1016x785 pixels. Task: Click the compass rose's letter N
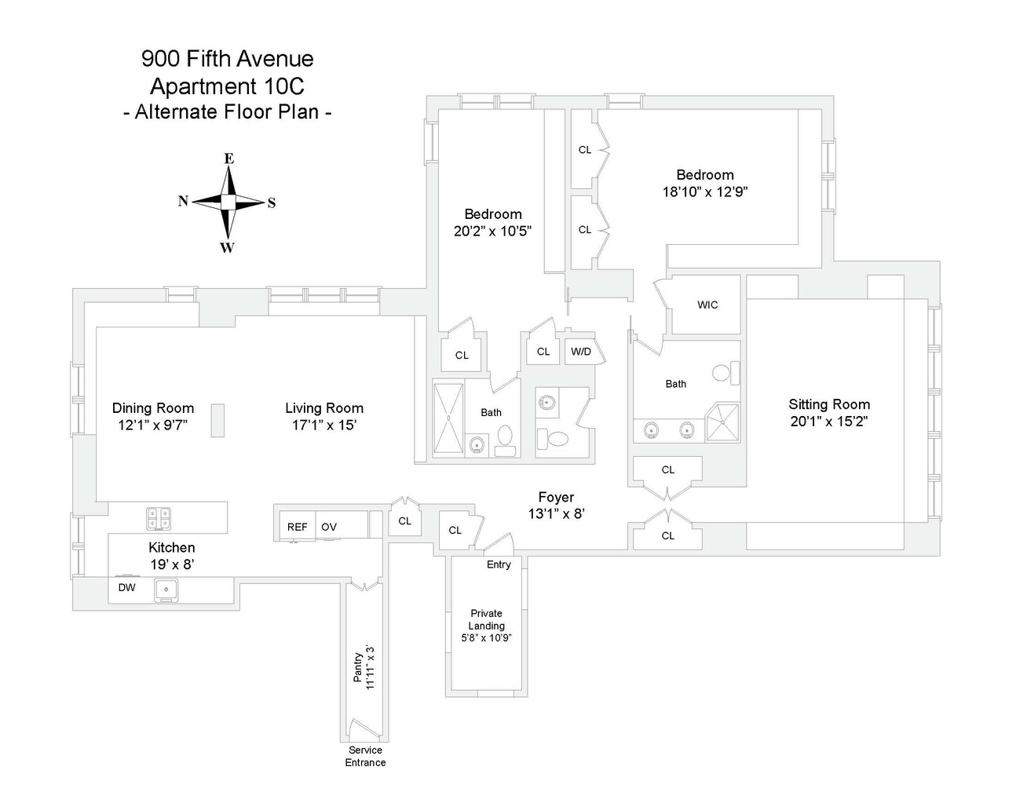[x=183, y=201]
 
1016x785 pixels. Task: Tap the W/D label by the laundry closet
[x=581, y=352]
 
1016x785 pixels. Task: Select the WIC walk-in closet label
[x=707, y=305]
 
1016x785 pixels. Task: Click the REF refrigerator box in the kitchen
[x=297, y=527]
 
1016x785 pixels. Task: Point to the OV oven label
[x=329, y=527]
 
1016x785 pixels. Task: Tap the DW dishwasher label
[x=126, y=587]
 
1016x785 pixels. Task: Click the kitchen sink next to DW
[x=166, y=590]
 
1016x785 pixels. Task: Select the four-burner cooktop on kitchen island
[x=159, y=517]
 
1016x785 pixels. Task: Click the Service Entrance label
[x=365, y=756]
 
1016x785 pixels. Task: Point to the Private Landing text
[x=486, y=619]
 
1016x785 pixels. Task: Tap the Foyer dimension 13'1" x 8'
[x=556, y=515]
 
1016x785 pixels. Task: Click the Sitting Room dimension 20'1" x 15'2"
[x=829, y=422]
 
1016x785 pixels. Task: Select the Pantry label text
[x=358, y=667]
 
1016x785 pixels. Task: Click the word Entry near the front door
[x=499, y=564]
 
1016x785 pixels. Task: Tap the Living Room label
[x=324, y=408]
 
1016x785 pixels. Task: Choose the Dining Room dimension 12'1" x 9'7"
[x=153, y=425]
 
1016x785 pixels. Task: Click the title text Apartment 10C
[x=228, y=85]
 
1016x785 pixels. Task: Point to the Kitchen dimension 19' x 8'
[x=172, y=564]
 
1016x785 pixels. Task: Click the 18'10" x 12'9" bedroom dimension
[x=705, y=192]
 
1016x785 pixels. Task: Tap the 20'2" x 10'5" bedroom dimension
[x=493, y=231]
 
